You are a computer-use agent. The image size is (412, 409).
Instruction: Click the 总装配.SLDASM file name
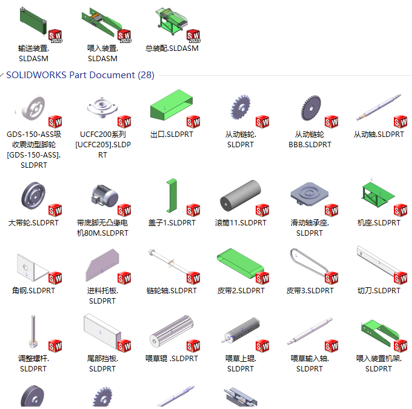pos(172,48)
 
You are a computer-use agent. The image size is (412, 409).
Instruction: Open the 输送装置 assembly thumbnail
pos(34,21)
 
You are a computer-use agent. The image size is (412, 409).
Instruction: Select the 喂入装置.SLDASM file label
pos(102,53)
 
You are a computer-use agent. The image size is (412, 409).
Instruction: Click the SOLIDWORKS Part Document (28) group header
pos(80,75)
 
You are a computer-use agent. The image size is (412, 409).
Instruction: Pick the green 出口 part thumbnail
pos(171,105)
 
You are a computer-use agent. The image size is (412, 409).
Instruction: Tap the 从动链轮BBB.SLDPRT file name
pos(310,139)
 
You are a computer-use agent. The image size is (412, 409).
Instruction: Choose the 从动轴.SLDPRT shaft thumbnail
pos(379,107)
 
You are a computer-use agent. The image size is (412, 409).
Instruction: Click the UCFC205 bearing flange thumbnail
pos(102,107)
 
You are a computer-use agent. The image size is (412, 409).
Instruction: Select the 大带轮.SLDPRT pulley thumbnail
pos(33,195)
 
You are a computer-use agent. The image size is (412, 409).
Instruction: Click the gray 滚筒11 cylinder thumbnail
pos(240,195)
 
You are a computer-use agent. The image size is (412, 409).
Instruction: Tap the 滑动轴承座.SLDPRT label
pos(310,228)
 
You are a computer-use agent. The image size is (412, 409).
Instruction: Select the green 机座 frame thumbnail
pos(378,195)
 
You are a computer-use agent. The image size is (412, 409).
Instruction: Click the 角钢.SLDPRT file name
pos(33,291)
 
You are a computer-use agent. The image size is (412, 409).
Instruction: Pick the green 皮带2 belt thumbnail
pos(240,263)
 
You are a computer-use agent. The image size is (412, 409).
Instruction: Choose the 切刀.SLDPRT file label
pos(379,291)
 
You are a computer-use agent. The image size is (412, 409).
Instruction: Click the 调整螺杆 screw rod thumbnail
pos(33,331)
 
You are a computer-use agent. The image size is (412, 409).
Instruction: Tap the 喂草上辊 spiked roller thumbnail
pos(241,330)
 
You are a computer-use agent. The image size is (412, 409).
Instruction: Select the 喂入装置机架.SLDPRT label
pos(379,364)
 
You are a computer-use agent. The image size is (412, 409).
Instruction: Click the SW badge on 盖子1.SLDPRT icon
pos(193,210)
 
